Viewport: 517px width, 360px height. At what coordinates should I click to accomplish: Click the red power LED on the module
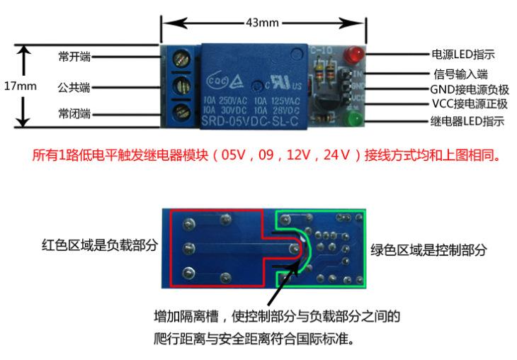(351, 55)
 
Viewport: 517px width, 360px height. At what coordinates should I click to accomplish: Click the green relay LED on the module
(352, 119)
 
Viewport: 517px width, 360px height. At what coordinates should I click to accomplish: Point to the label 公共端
(74, 88)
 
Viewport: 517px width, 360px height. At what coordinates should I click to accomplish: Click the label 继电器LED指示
(467, 121)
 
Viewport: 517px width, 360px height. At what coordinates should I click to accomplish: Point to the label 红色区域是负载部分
(98, 246)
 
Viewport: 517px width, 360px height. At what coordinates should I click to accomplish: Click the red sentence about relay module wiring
(266, 155)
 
